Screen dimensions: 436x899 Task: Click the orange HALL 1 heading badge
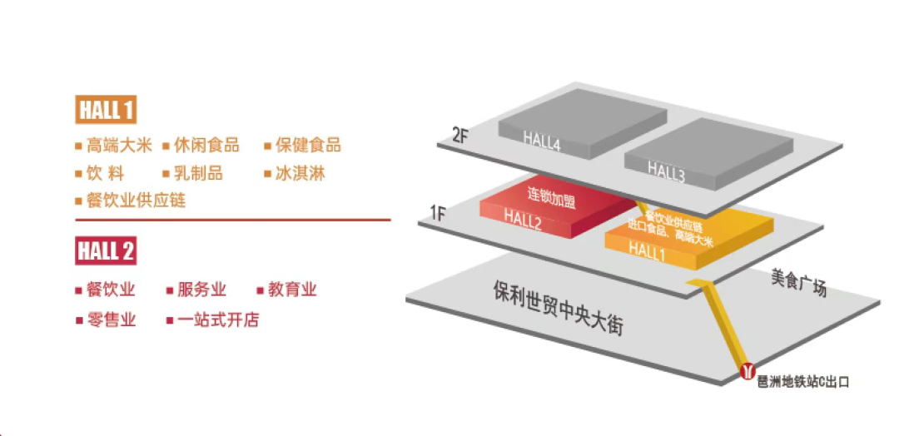[x=106, y=110]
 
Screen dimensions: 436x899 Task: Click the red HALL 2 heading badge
[x=106, y=250]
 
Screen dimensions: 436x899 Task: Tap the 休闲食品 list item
[x=206, y=146]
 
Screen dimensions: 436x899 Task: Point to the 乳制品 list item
[x=198, y=174]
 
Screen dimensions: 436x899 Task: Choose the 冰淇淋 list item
[x=300, y=174]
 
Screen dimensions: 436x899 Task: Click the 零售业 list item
[x=111, y=320]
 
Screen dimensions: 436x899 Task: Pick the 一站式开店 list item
[x=218, y=320]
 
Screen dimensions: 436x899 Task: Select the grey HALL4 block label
[x=542, y=142]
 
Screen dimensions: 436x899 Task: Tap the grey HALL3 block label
[x=666, y=172]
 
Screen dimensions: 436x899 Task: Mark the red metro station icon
[x=747, y=369]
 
